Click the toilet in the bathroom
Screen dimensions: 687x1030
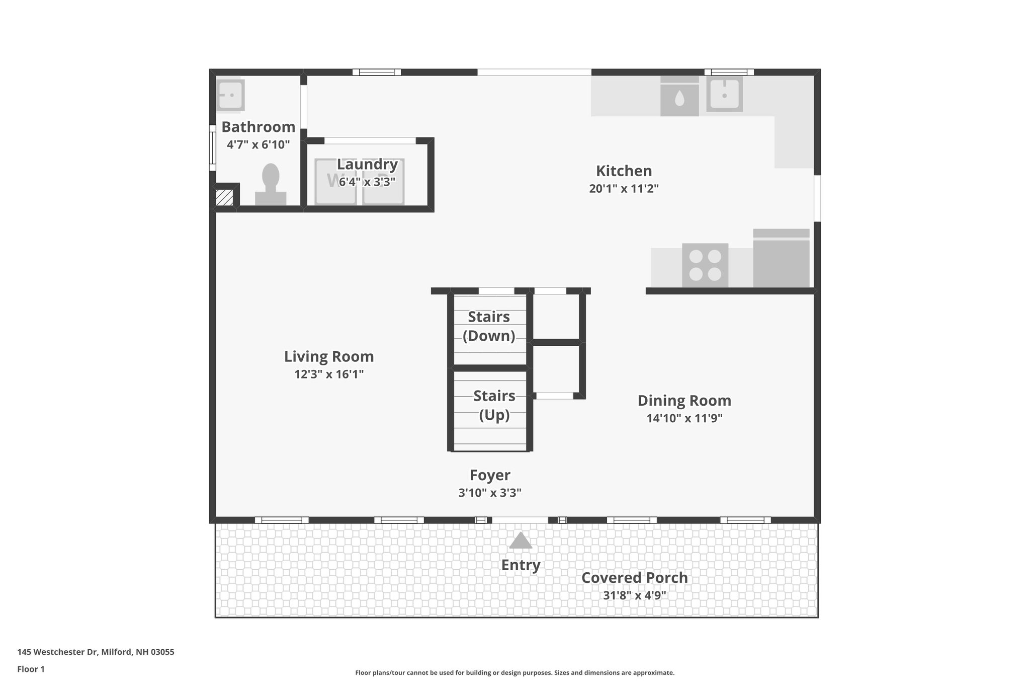point(271,184)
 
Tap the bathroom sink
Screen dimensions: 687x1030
point(230,95)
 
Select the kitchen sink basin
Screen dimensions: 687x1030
point(724,94)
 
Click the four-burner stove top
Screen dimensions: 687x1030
point(705,265)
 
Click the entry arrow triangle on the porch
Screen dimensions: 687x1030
point(521,541)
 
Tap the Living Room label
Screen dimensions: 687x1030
point(329,356)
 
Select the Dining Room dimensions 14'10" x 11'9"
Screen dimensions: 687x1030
point(684,418)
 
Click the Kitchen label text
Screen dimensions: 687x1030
point(624,171)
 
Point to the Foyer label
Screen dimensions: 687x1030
point(490,475)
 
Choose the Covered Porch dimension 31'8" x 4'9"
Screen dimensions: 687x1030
point(635,595)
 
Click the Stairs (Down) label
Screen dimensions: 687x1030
point(489,326)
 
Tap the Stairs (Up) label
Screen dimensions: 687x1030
point(494,405)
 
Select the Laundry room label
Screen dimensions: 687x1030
point(367,165)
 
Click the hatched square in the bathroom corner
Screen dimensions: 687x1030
point(224,198)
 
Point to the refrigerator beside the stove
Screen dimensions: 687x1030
point(781,259)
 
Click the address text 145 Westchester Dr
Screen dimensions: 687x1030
point(96,652)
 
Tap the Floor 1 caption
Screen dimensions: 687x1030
point(31,669)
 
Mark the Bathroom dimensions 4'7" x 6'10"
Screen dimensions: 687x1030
point(258,145)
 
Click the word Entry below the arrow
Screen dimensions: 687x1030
point(521,565)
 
